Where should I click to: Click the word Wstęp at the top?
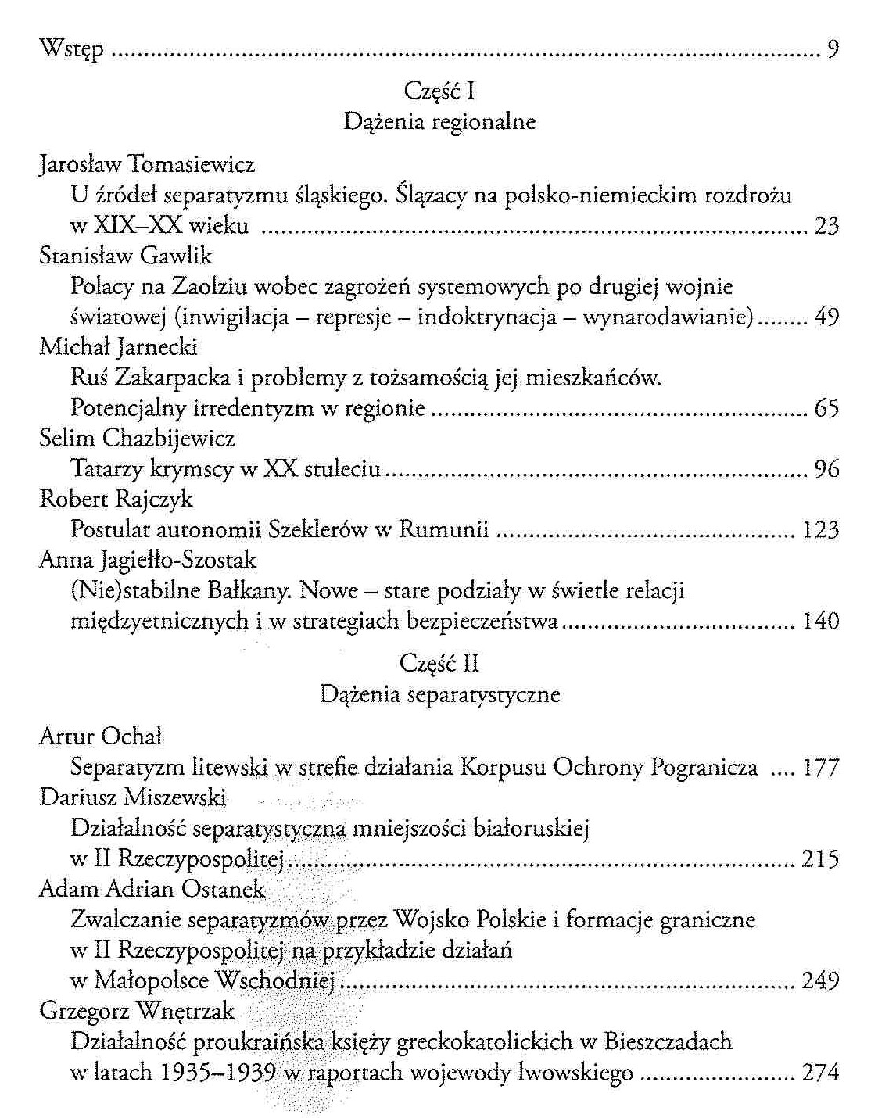(x=71, y=50)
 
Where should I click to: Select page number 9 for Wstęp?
(x=833, y=51)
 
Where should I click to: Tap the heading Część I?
(x=439, y=91)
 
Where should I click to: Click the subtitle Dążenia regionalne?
(x=439, y=122)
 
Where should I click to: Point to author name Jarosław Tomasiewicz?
(x=147, y=165)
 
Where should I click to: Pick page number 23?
(x=826, y=226)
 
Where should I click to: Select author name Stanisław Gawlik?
(x=125, y=256)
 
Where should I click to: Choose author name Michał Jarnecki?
(x=118, y=347)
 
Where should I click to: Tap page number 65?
(x=826, y=408)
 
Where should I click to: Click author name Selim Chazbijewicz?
(x=137, y=439)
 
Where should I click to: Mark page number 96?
(x=826, y=469)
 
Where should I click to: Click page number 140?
(x=820, y=622)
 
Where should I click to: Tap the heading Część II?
(x=439, y=664)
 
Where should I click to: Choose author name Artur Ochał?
(x=100, y=736)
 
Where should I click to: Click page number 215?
(x=820, y=859)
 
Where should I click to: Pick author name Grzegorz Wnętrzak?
(x=137, y=1011)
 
